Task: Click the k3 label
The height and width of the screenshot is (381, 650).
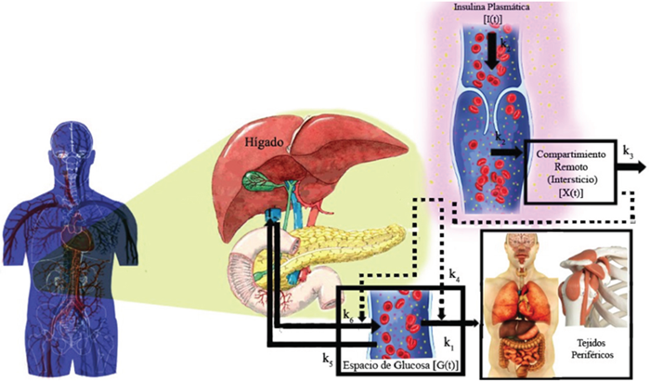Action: click(x=629, y=151)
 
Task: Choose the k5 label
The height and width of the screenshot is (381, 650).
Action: click(x=326, y=356)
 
